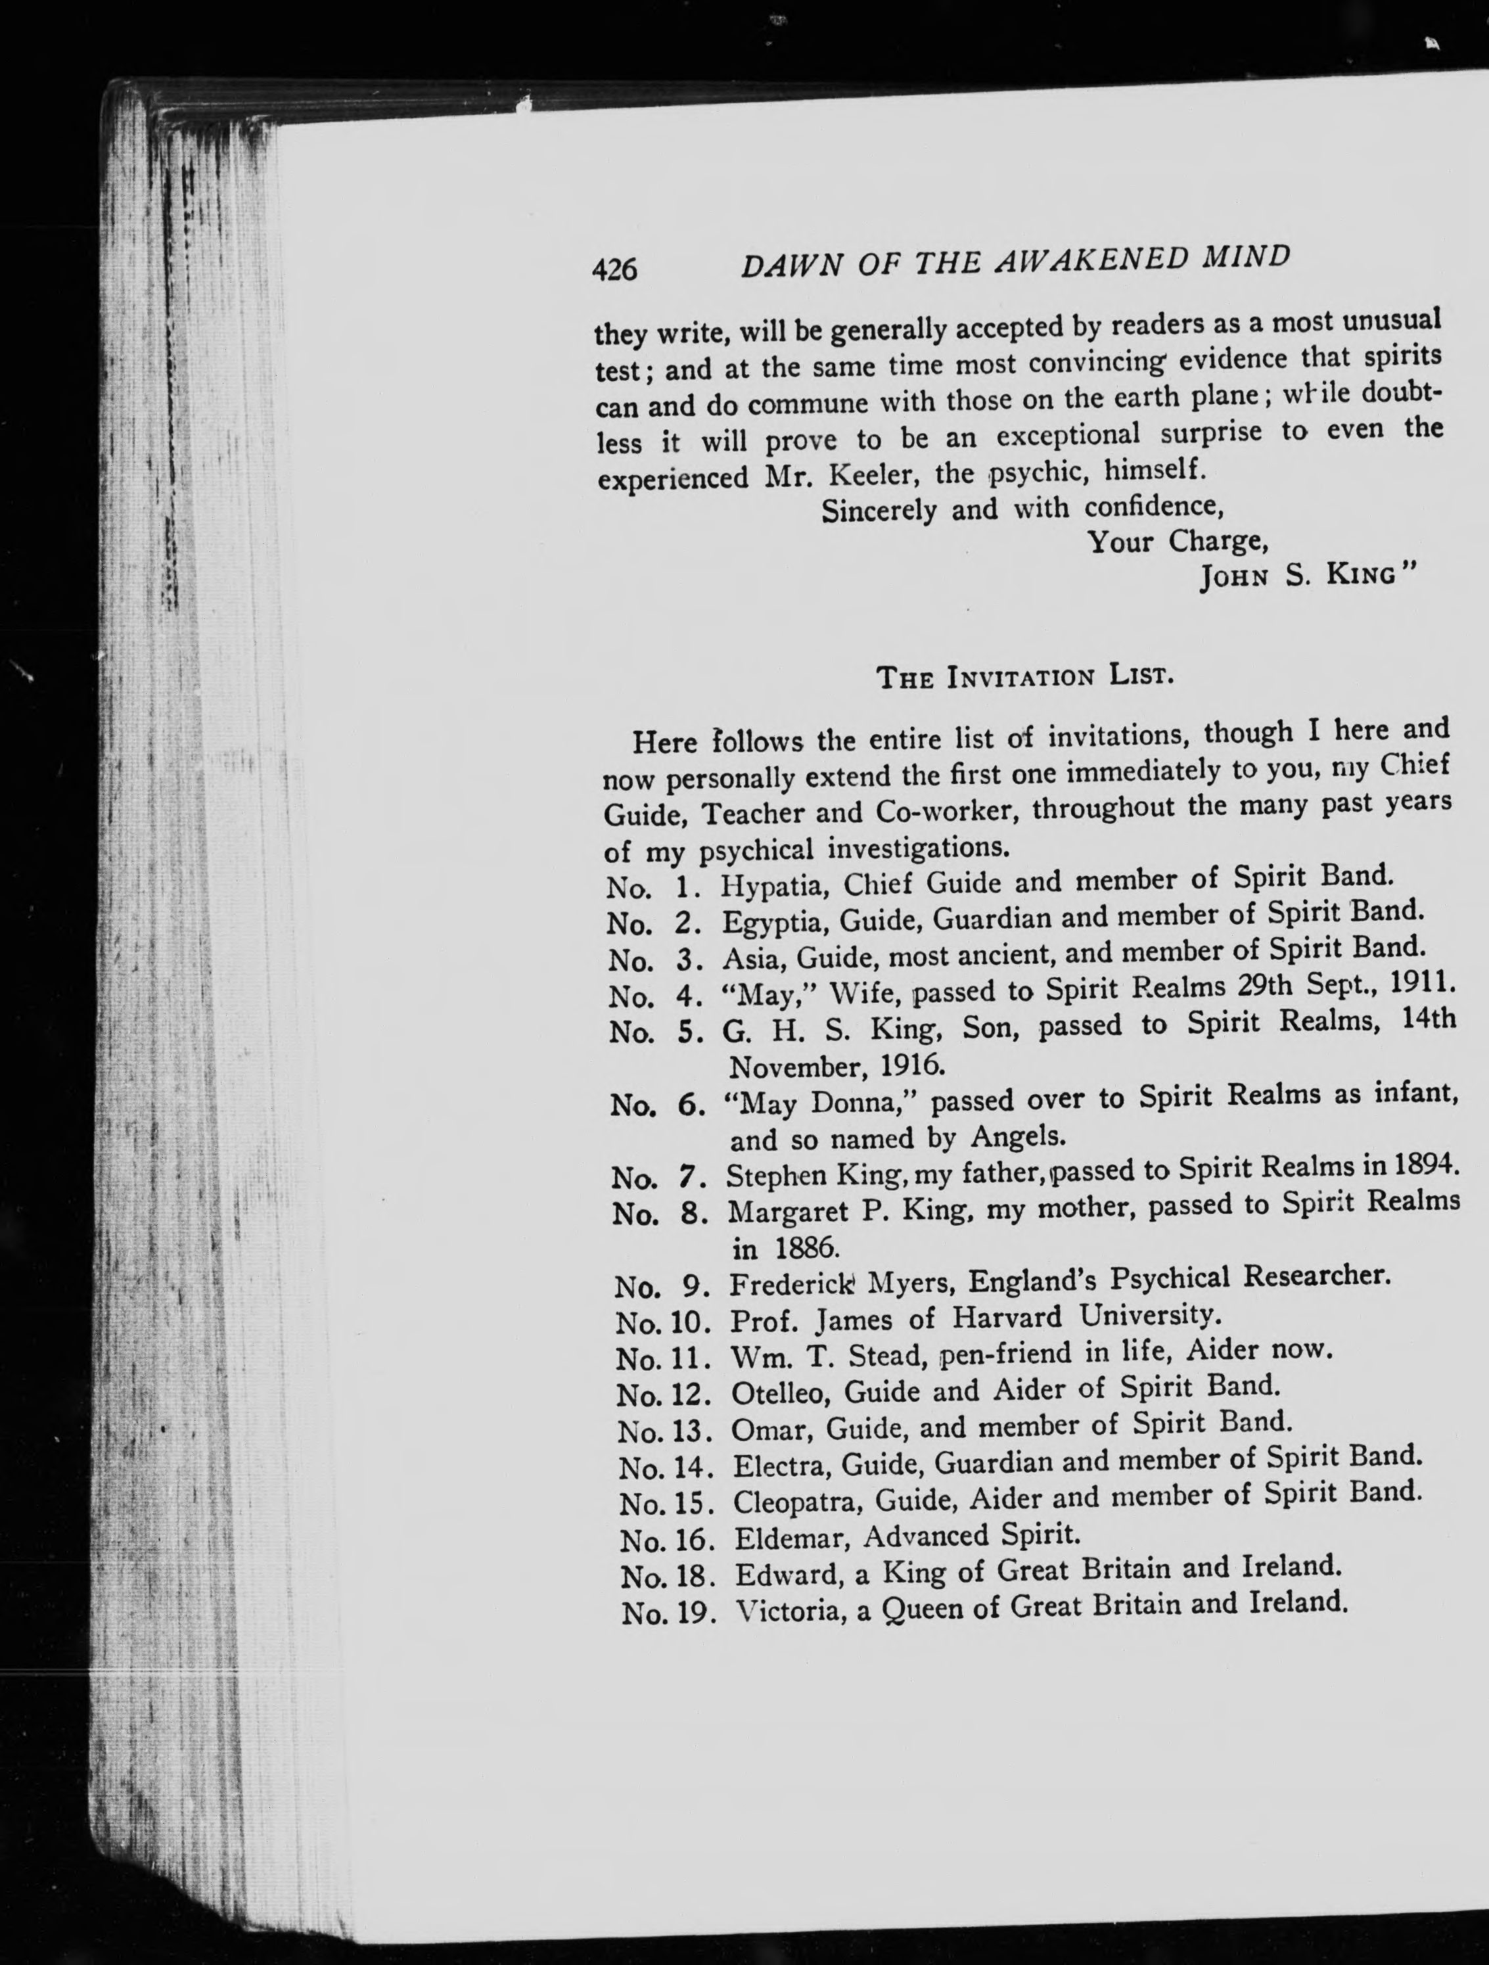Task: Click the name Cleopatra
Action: pos(798,1501)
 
